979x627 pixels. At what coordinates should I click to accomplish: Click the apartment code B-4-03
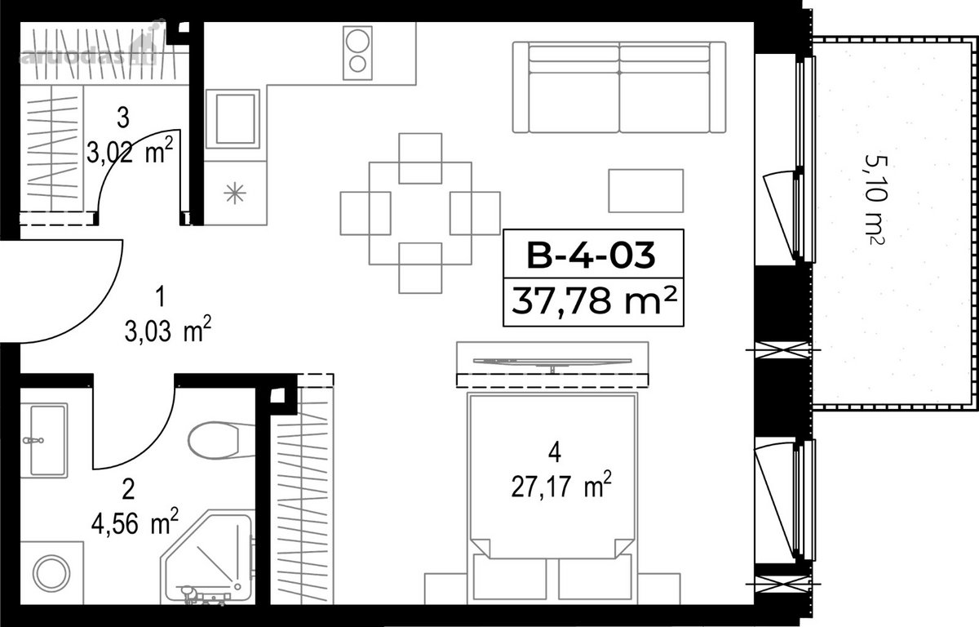(x=591, y=256)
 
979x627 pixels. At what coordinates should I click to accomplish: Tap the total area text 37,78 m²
(x=594, y=300)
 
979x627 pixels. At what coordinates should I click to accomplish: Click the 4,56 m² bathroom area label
(x=135, y=521)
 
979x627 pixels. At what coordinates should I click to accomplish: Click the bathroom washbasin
(x=44, y=440)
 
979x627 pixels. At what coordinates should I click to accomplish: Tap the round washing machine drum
(x=51, y=573)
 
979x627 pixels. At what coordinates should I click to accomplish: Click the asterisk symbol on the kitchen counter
(x=235, y=193)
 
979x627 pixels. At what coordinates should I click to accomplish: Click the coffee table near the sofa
(x=646, y=191)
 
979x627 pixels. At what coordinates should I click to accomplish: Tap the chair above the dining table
(x=420, y=158)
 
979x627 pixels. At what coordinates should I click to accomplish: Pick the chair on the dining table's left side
(x=365, y=213)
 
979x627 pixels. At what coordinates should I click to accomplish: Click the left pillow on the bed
(x=510, y=576)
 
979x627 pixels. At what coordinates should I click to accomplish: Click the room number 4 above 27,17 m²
(x=554, y=452)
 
